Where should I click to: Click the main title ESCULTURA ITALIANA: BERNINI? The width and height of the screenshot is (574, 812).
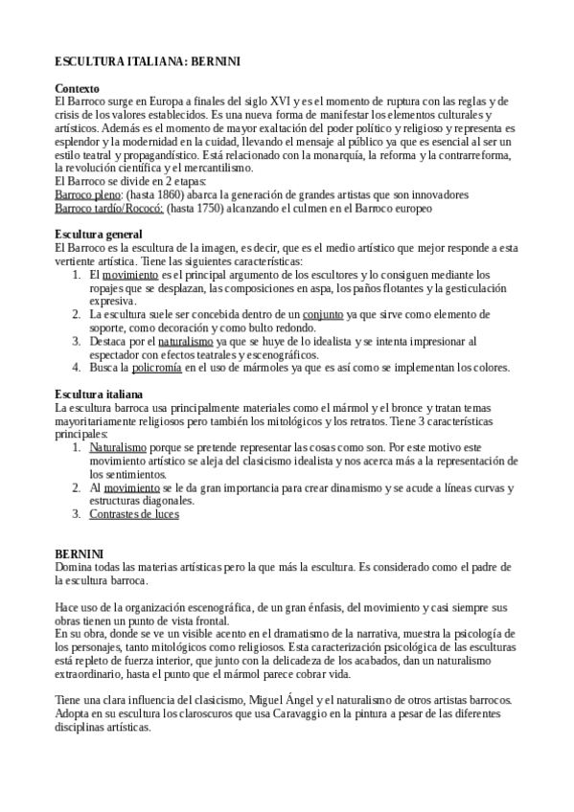pos(147,62)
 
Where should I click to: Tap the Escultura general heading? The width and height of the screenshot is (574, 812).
pos(99,235)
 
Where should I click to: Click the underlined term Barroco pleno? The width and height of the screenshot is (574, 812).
pos(88,193)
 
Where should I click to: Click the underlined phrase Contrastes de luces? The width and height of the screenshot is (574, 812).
pos(134,514)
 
